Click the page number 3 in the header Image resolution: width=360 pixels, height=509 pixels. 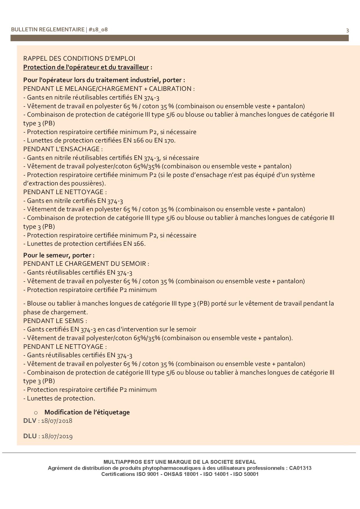[x=348, y=30]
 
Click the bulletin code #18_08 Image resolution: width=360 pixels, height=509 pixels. [x=98, y=29]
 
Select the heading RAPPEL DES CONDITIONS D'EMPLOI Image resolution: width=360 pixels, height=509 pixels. [x=79, y=58]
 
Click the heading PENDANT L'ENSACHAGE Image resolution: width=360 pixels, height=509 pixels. [x=62, y=149]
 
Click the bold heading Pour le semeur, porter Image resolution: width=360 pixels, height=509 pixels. [x=59, y=255]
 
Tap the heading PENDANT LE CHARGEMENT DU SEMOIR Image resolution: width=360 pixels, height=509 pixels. [x=86, y=264]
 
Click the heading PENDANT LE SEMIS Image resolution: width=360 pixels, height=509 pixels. [x=55, y=321]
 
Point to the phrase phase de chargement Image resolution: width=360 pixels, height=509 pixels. [x=55, y=312]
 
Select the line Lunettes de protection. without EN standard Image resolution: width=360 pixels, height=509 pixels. [x=61, y=398]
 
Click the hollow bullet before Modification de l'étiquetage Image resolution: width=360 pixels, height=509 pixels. [x=36, y=412]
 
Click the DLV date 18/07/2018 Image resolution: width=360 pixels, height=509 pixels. [x=57, y=421]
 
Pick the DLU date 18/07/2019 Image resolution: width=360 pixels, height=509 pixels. [x=57, y=436]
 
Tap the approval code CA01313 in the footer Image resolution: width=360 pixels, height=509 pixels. [x=300, y=468]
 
